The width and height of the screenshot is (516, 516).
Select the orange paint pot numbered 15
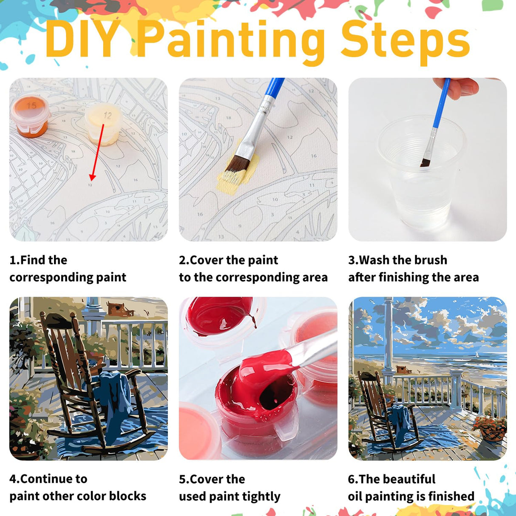[29, 115]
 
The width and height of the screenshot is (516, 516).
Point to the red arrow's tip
[92, 179]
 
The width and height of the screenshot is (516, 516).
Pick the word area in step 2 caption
[315, 277]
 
